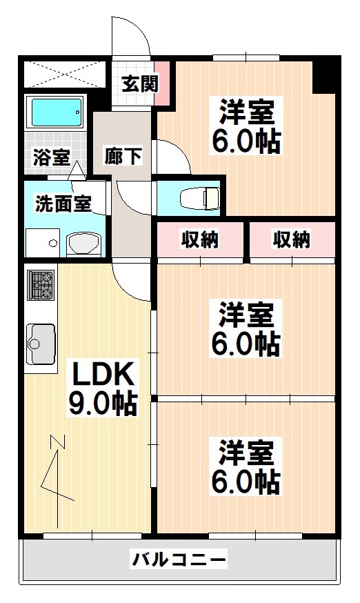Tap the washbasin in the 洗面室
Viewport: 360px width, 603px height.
pyautogui.click(x=84, y=244)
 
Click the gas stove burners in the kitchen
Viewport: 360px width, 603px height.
pyautogui.click(x=41, y=285)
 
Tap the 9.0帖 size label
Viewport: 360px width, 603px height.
pyautogui.click(x=102, y=402)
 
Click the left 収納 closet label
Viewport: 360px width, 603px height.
pyautogui.click(x=200, y=240)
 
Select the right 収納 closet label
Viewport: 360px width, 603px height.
pyautogui.click(x=292, y=240)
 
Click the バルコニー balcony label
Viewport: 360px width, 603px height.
pyautogui.click(x=179, y=559)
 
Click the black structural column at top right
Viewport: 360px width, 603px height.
pyautogui.click(x=322, y=77)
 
